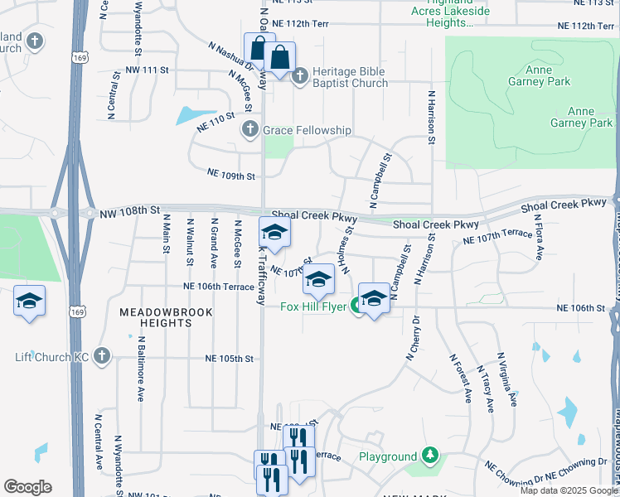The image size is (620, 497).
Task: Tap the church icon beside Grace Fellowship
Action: click(250, 130)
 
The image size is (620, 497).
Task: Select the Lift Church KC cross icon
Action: click(102, 356)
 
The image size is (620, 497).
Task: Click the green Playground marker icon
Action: click(429, 456)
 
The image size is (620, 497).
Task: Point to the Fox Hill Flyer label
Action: click(313, 306)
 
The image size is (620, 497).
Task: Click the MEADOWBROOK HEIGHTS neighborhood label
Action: click(166, 317)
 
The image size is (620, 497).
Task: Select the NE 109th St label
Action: click(230, 176)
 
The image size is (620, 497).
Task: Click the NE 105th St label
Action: click(229, 359)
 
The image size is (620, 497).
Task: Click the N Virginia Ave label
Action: click(506, 379)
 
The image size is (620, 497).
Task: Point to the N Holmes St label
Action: click(346, 249)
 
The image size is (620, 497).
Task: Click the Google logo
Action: click(27, 487)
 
